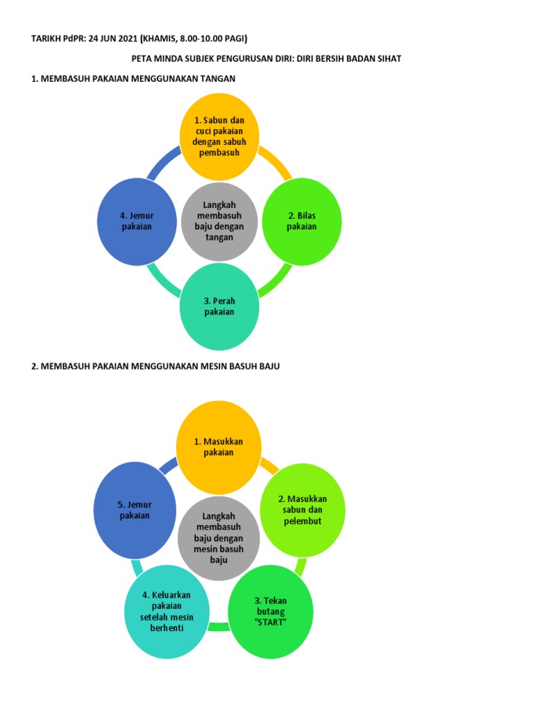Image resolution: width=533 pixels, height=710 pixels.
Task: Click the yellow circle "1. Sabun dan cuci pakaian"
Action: [x=219, y=137]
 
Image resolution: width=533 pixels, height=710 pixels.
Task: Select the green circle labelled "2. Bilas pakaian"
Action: [x=302, y=222]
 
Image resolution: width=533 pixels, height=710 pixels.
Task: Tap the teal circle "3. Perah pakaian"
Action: [x=219, y=307]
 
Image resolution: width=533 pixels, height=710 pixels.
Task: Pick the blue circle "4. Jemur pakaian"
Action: [x=137, y=222]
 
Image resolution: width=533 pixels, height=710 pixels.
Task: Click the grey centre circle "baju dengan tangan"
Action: [x=219, y=222]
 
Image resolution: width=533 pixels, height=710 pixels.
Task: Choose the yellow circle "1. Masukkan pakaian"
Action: [x=219, y=447]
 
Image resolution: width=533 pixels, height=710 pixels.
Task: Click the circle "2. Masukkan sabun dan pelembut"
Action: [x=302, y=511]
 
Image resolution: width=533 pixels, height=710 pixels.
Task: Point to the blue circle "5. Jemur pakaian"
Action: [x=135, y=511]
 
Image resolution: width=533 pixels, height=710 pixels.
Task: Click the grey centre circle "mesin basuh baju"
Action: [x=219, y=537]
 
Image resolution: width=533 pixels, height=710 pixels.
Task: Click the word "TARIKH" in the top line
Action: [x=46, y=39]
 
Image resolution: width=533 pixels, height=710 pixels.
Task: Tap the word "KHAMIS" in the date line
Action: [x=162, y=39]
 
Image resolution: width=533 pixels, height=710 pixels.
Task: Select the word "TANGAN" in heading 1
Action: [x=217, y=79]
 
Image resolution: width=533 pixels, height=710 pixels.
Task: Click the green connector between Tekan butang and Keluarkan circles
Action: [x=219, y=627]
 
